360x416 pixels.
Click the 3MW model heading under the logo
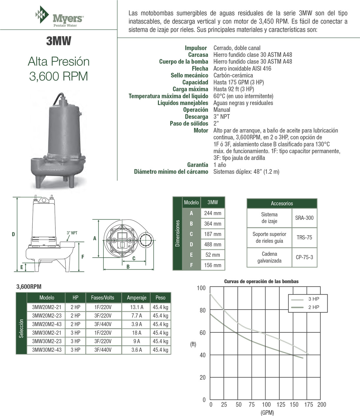pyautogui.click(x=59, y=41)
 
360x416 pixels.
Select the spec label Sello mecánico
pyautogui.click(x=189, y=75)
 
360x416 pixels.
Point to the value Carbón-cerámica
pyautogui.click(x=233, y=75)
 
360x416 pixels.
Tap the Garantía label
pyautogui.click(x=197, y=165)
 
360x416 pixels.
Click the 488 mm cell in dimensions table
pyautogui.click(x=212, y=245)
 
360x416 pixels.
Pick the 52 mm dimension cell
pyautogui.click(x=212, y=255)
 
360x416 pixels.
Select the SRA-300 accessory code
pyautogui.click(x=304, y=218)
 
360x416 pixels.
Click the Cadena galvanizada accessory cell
pyautogui.click(x=269, y=257)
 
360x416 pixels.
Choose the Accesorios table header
pyautogui.click(x=282, y=204)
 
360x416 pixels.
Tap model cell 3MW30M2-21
pyautogui.click(x=47, y=333)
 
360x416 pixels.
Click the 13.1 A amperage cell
pyautogui.click(x=137, y=307)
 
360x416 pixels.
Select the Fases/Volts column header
pyautogui.click(x=103, y=298)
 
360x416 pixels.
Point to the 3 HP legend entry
pyautogui.click(x=313, y=299)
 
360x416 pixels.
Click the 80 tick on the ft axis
pyautogui.click(x=202, y=310)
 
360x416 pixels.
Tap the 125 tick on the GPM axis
pyautogui.click(x=280, y=405)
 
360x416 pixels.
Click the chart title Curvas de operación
pyautogui.click(x=261, y=281)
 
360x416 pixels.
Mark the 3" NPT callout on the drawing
pyautogui.click(x=72, y=233)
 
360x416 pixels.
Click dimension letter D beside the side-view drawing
pyautogui.click(x=13, y=235)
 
